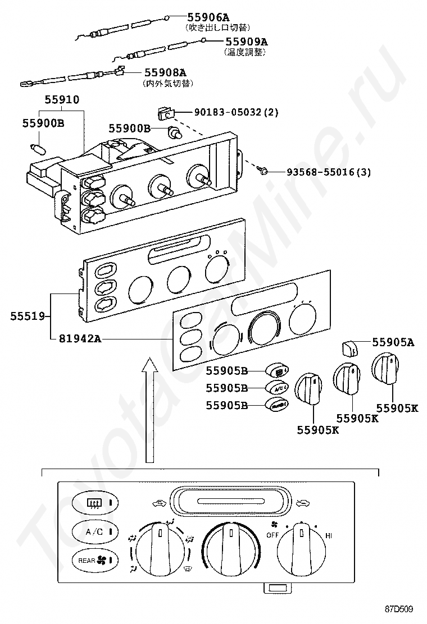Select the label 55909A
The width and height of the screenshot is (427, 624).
pos(246,42)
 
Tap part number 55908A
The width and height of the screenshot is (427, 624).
pos(165,72)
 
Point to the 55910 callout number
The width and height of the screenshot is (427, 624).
pos(62,99)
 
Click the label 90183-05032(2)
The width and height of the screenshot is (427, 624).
pos(236,112)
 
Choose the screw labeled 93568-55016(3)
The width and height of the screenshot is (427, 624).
pos(262,170)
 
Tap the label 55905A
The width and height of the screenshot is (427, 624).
pos(392,342)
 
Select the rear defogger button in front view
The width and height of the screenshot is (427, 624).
pos(94,502)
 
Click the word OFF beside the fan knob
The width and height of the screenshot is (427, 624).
pos(272,535)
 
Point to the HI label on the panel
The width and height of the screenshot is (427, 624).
pos(329,536)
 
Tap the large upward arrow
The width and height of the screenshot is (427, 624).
pos(149,410)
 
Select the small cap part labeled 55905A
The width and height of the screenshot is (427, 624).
pos(349,348)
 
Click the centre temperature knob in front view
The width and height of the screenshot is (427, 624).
pos(231,545)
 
